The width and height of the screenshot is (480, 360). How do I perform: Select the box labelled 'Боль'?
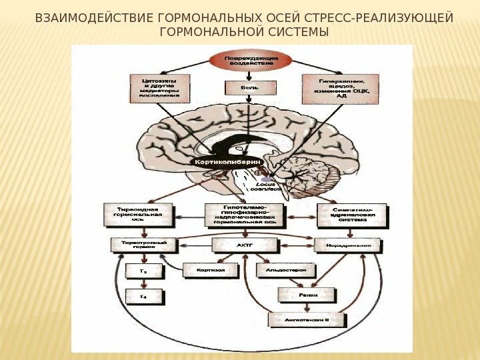click(249, 87)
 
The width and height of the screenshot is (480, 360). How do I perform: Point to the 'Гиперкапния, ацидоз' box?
click(341, 88)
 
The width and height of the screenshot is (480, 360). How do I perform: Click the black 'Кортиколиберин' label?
click(227, 162)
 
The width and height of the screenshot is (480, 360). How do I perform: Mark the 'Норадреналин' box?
click(347, 245)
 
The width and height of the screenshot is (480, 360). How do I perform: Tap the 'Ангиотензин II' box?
click(307, 320)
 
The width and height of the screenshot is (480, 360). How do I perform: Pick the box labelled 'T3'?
click(143, 271)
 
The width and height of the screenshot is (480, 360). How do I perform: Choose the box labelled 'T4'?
click(143, 296)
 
